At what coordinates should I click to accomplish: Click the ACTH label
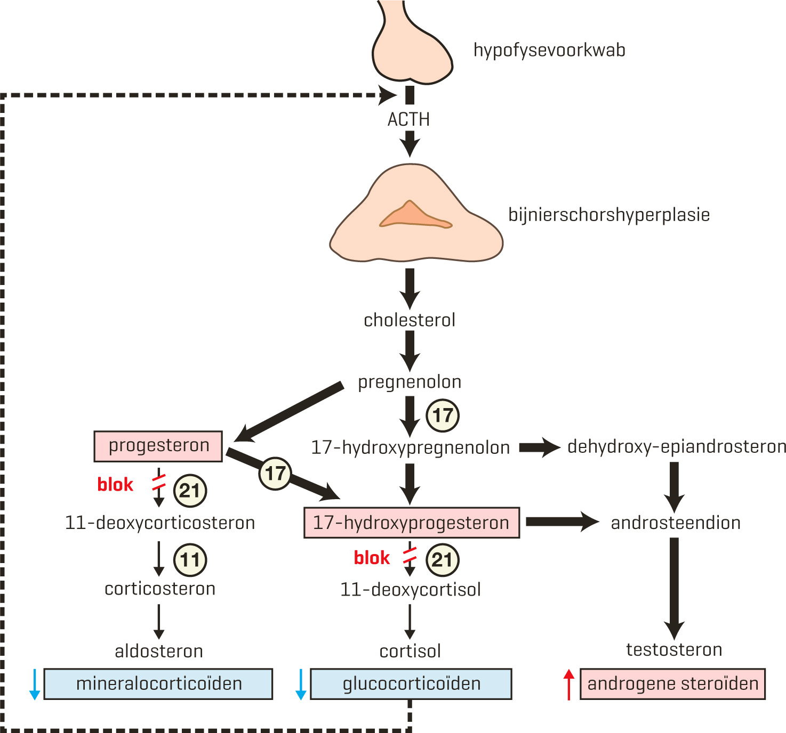[x=408, y=119]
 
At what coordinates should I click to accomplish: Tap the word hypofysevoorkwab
[x=549, y=50]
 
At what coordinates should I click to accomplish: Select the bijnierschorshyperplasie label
[x=609, y=215]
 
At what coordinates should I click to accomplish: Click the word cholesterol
[x=410, y=320]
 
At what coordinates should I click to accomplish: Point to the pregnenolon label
[x=410, y=382]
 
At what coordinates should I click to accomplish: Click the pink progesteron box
[x=158, y=446]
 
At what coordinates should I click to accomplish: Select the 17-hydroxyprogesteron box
[x=412, y=523]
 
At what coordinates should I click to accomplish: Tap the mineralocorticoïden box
[x=158, y=684]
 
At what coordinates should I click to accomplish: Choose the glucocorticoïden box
[x=411, y=684]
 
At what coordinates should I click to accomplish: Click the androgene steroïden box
[x=672, y=684]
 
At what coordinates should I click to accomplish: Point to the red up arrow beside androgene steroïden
[x=569, y=684]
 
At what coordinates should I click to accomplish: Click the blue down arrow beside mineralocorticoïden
[x=35, y=684]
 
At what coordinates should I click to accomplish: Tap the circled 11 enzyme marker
[x=190, y=560]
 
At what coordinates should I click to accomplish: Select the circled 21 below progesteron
[x=190, y=491]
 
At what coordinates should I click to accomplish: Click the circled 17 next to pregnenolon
[x=443, y=416]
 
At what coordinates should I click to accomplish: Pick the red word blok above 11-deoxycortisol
[x=372, y=558]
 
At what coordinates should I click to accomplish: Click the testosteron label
[x=674, y=650]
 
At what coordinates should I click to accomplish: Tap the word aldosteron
[x=159, y=651]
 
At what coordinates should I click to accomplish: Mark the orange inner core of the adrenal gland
[x=414, y=216]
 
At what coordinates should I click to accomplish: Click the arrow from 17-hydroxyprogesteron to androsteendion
[x=562, y=522]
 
